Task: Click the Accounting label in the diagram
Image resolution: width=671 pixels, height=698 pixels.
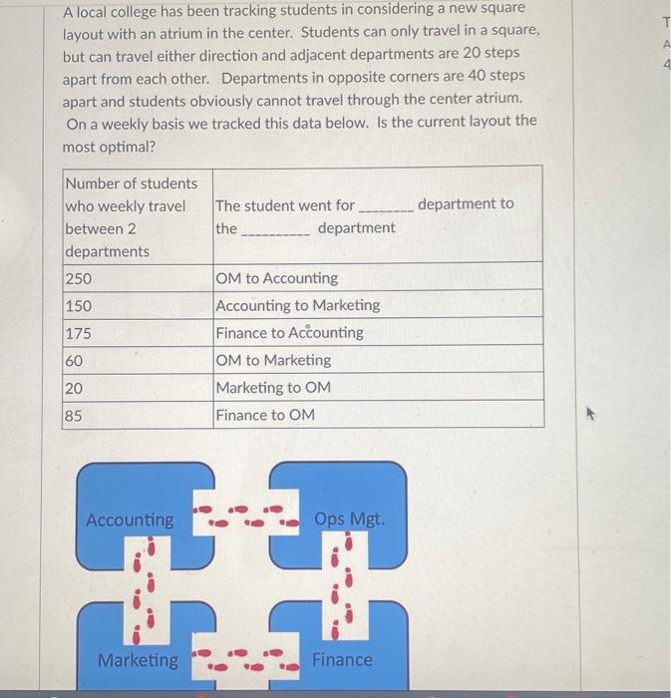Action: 130,520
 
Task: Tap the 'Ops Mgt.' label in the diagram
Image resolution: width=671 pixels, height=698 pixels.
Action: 349,520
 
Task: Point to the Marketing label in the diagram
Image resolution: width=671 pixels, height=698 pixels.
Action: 138,659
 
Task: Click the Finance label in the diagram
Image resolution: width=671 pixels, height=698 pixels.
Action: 343,659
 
